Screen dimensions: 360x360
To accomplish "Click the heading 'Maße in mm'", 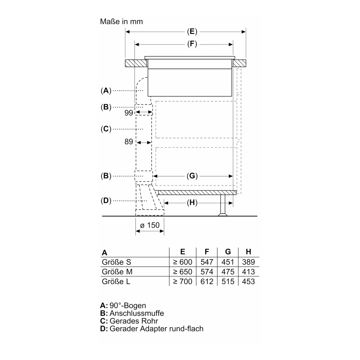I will point(121,22).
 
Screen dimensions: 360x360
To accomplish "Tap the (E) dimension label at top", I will point(192,32).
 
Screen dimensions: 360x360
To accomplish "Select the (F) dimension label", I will point(192,44).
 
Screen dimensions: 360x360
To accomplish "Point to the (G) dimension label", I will point(192,176).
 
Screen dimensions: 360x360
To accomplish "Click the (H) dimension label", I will point(192,203).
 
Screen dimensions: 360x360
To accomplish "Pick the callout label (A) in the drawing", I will point(105,91).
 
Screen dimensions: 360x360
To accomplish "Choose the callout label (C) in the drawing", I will point(105,129).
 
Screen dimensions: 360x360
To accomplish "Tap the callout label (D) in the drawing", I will point(105,201).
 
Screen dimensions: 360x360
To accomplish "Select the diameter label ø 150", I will point(149,225).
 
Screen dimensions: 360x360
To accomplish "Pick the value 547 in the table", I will point(207,262).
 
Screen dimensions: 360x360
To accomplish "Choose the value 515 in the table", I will point(228,281).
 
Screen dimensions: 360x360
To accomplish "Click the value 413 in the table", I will point(248,272).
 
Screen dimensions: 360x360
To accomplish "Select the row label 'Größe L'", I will point(116,281).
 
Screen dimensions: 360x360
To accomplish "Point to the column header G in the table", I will point(228,252).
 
